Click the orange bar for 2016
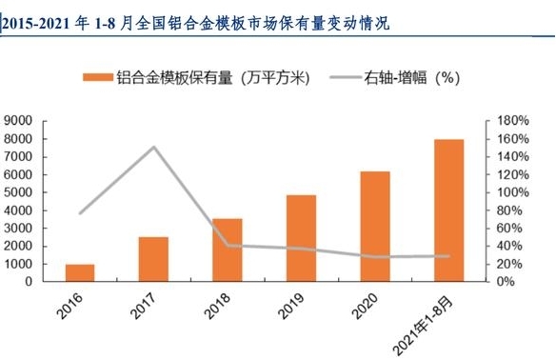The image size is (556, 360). [x=80, y=272]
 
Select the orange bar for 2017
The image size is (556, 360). [x=154, y=259]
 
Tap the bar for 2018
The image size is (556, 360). [x=228, y=250]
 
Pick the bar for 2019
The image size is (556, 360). [x=301, y=238]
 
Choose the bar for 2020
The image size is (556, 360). [x=375, y=227]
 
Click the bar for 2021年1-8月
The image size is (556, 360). [x=448, y=210]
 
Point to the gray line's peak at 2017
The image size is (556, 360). [x=154, y=147]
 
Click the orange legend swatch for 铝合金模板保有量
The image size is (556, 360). [x=95, y=78]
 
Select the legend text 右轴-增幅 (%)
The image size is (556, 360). [x=415, y=78]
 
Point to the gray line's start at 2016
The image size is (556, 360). [x=80, y=212]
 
